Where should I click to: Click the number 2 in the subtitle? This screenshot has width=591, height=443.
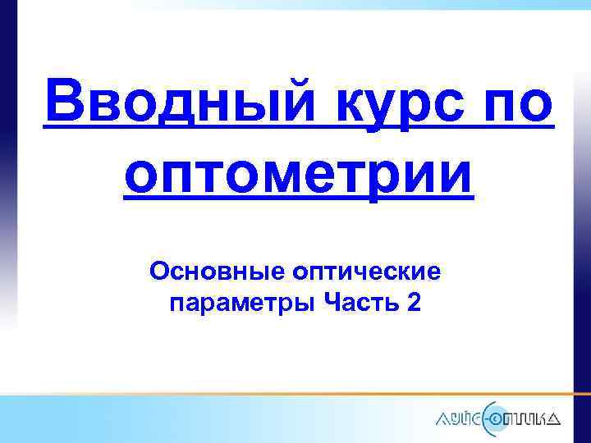click(413, 304)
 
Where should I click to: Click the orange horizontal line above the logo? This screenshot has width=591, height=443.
click(328, 394)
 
